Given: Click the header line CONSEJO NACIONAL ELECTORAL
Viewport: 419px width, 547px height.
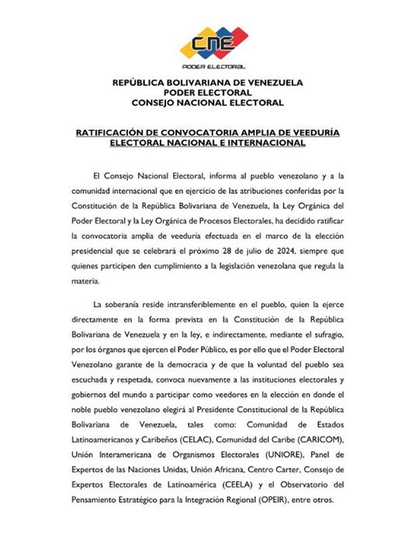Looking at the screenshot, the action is coord(207,103).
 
